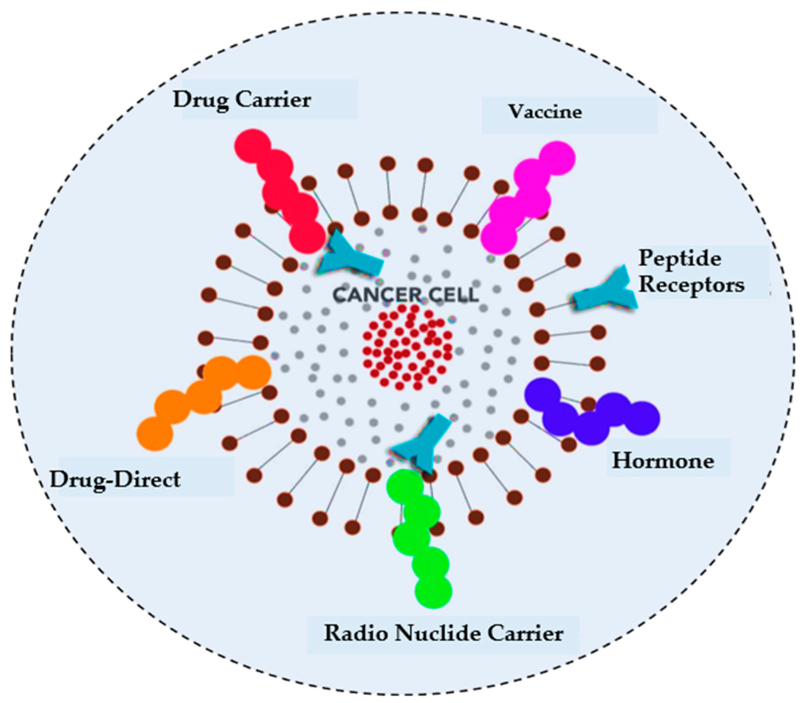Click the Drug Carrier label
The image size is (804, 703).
[242, 100]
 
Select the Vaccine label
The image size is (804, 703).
[545, 112]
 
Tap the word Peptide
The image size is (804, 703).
[679, 258]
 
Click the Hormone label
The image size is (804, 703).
[663, 460]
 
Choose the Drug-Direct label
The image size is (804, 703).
[115, 479]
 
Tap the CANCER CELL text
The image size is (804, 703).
[405, 295]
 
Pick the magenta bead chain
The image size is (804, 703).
[527, 197]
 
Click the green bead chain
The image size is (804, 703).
[420, 537]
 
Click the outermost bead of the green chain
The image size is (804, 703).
[433, 591]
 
